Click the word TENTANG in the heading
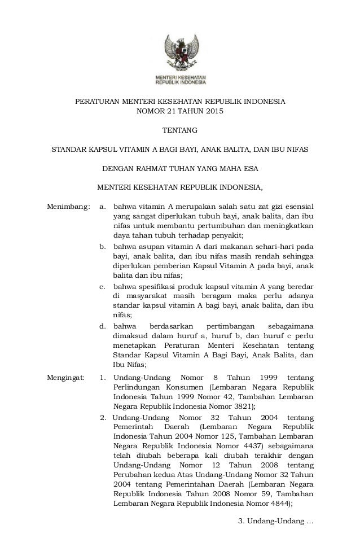coord(180,131)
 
